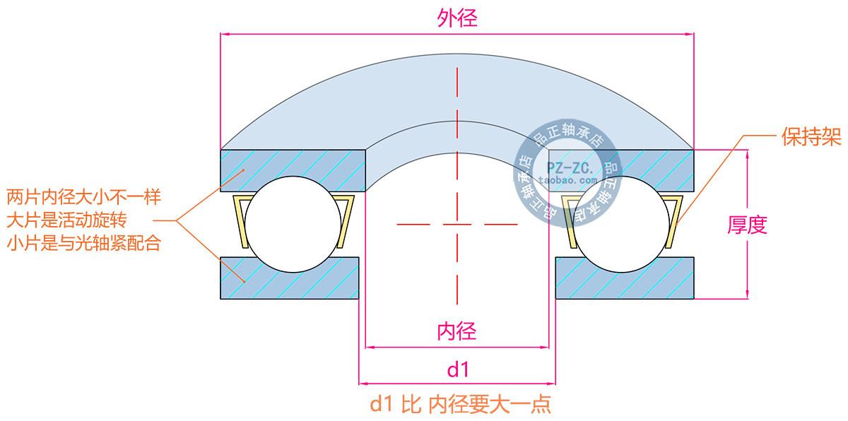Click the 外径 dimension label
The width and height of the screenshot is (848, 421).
click(x=457, y=19)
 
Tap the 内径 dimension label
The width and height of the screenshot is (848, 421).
click(x=457, y=331)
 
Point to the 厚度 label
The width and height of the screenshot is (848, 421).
click(x=747, y=225)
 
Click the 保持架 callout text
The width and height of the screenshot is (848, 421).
click(x=811, y=136)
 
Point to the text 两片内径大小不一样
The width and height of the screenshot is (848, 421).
click(x=84, y=196)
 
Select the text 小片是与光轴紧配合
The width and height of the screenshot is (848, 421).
click(x=84, y=244)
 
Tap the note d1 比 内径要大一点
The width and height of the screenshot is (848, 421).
click(x=461, y=404)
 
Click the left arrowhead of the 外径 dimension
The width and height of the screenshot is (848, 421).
click(x=225, y=33)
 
